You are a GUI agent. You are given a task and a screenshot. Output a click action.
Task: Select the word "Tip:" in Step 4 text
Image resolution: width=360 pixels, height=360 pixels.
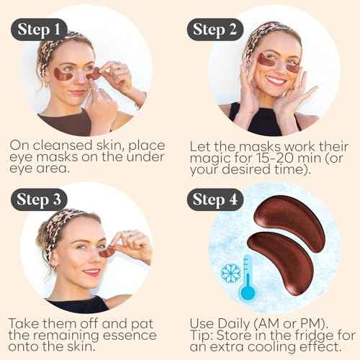pyautogui.click(x=203, y=337)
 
